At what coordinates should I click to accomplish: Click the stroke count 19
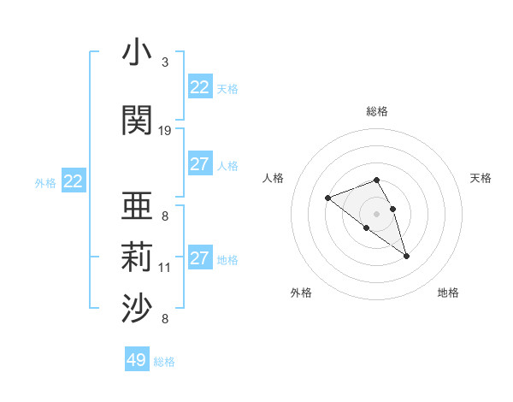165,131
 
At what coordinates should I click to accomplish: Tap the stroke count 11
165,268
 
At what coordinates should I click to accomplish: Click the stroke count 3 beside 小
165,62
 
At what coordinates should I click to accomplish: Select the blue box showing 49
137,360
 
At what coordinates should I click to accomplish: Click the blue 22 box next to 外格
74,181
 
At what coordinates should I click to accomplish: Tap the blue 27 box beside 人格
200,164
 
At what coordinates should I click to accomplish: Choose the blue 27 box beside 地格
200,258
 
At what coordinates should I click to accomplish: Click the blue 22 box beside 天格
200,87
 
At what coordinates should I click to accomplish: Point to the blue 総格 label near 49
164,362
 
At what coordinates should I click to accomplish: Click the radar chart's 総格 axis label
377,111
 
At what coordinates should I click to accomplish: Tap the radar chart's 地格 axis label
448,293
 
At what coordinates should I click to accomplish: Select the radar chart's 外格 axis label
301,293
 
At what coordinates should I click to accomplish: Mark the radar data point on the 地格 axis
406,256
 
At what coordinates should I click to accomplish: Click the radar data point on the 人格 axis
327,198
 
